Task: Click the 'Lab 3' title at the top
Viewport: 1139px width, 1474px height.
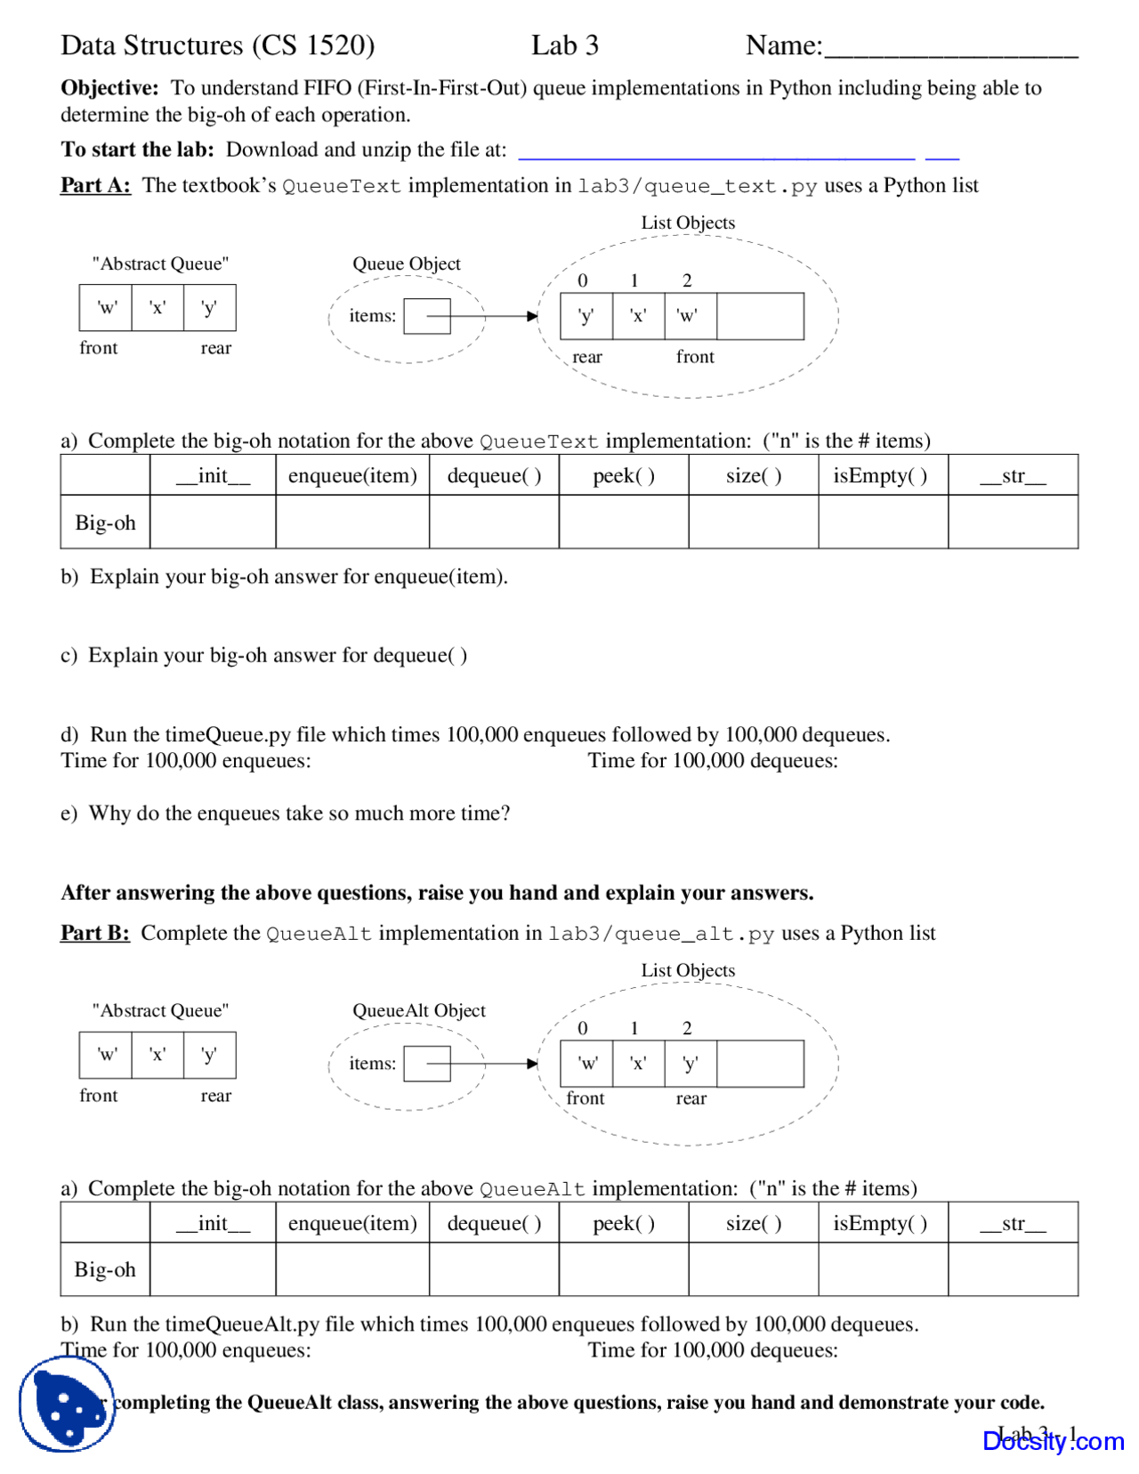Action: tap(564, 45)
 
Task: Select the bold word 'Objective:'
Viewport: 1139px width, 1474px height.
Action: tap(109, 87)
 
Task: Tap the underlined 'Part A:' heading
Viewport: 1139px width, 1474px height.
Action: tap(95, 185)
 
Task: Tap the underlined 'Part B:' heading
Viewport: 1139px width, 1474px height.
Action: tap(94, 933)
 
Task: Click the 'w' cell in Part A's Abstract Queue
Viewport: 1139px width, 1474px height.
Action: tap(106, 308)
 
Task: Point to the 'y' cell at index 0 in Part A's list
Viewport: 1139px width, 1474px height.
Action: tap(586, 316)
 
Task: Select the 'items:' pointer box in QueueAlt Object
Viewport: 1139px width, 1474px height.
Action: tap(427, 1064)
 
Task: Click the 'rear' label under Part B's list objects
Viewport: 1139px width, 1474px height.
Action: tap(691, 1098)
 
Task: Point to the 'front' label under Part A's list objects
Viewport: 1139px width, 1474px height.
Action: tap(694, 357)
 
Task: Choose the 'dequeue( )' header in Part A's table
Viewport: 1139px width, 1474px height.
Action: tap(494, 475)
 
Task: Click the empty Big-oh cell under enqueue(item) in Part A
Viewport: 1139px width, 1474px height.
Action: tap(352, 522)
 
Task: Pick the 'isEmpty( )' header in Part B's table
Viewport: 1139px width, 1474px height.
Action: tap(880, 1223)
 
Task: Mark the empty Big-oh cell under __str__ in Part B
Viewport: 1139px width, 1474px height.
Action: tap(1013, 1269)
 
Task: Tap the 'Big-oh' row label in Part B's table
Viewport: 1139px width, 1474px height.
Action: tap(105, 1269)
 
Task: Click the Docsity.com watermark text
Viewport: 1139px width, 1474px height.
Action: tap(1053, 1440)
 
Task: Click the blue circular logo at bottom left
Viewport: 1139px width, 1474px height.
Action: tap(66, 1405)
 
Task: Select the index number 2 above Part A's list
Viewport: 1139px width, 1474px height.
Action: tap(687, 280)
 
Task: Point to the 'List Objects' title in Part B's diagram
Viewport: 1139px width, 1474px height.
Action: tap(688, 970)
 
